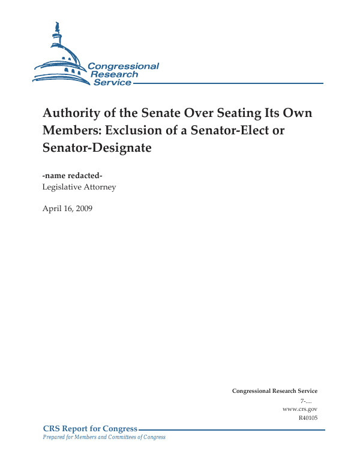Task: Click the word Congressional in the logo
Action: tap(123, 66)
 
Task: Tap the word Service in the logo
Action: tap(112, 82)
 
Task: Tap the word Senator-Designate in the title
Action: tap(96, 147)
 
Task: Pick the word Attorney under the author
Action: tap(102, 187)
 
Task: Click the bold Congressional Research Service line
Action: tap(274, 391)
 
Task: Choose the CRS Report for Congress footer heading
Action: tap(90, 429)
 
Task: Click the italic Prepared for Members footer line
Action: tap(104, 437)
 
